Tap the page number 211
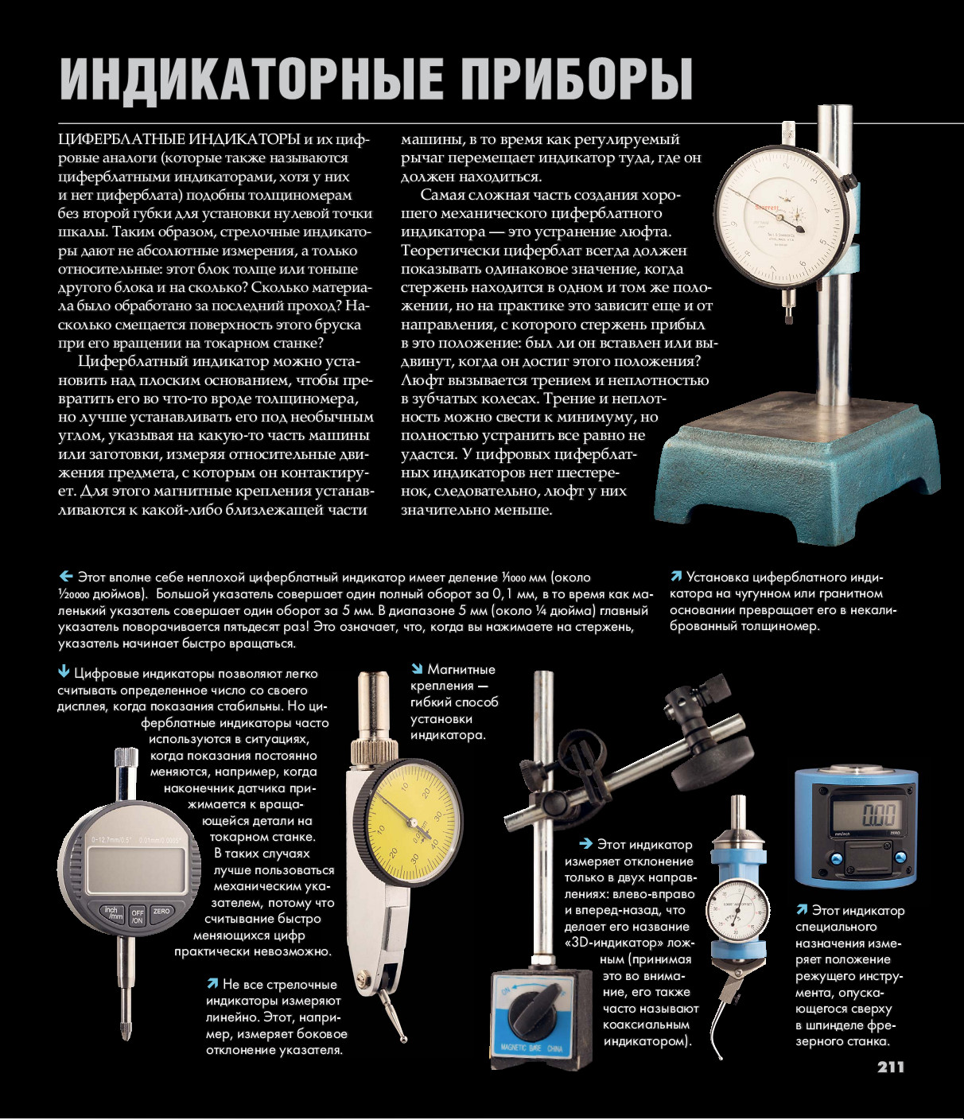click(891, 1067)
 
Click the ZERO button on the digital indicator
click(161, 912)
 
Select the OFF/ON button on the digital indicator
click(137, 916)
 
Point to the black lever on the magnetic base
click(537, 1005)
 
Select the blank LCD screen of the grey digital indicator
click(136, 869)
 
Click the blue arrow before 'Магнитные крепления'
click(417, 669)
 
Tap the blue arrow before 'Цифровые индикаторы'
click(64, 672)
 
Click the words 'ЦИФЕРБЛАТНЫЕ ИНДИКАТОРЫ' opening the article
click(180, 139)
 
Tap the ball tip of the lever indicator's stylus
click(404, 1038)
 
